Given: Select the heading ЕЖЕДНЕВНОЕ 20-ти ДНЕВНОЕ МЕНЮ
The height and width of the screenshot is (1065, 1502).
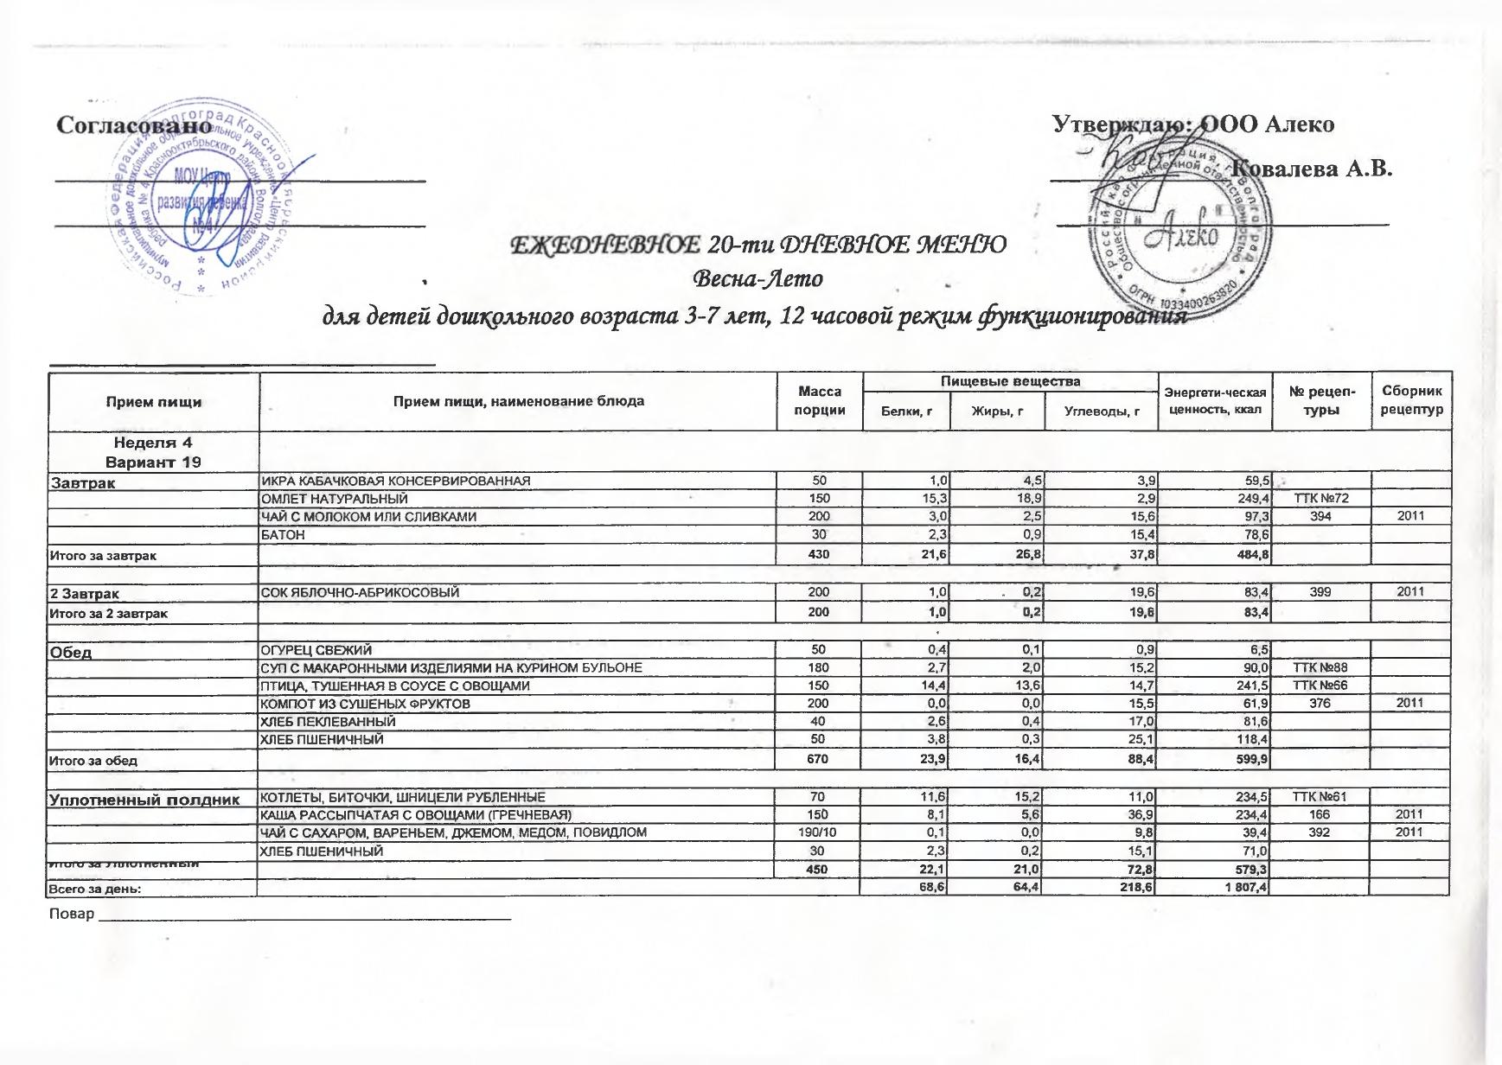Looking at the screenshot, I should click(x=758, y=246).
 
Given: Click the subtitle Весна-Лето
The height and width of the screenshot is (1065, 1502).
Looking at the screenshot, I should click(x=758, y=279).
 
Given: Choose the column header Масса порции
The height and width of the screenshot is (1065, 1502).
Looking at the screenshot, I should click(x=819, y=401).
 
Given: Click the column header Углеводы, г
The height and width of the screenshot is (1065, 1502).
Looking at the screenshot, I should click(x=1100, y=411).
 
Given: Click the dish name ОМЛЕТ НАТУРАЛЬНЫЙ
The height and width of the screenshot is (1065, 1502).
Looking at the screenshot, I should click(x=335, y=499).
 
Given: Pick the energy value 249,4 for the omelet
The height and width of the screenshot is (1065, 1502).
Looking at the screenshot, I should click(x=1251, y=499).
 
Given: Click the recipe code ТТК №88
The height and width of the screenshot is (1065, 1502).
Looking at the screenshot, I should click(x=1320, y=667).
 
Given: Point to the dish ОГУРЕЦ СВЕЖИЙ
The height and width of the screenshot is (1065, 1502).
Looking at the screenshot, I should click(x=317, y=650).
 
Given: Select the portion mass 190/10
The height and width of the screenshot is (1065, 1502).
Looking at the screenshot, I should click(x=818, y=832).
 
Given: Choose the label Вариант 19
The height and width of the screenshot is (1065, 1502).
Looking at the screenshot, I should click(x=154, y=462).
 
